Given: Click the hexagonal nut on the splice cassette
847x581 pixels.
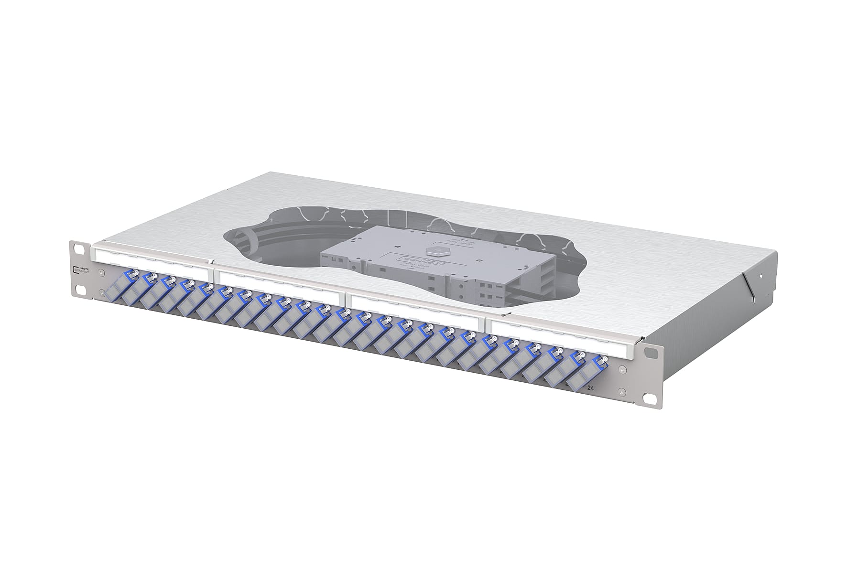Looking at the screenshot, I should click(x=432, y=251).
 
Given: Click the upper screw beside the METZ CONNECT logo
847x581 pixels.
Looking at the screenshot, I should click(x=101, y=273).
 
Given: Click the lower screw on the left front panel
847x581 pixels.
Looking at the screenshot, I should click(x=101, y=292).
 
